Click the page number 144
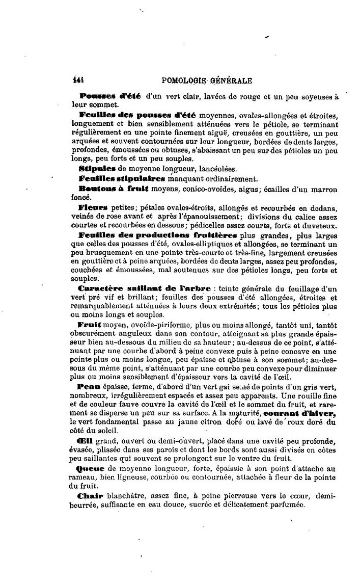point(78,80)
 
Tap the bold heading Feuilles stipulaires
point(122,178)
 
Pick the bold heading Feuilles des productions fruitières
point(158,235)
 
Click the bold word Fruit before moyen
point(90,324)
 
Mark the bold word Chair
point(90,495)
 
